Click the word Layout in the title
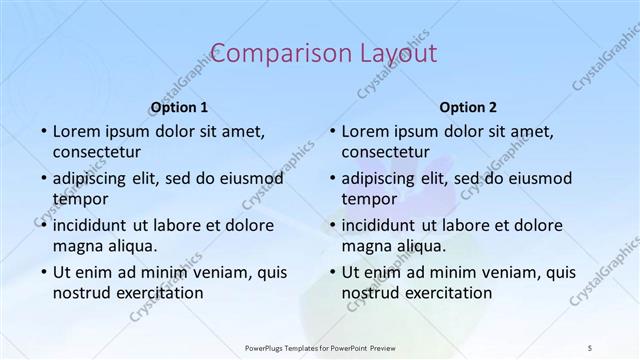coord(390,53)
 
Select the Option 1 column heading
coord(179,107)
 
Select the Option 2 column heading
coord(467,107)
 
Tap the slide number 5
coord(590,347)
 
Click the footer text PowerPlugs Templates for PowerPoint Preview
coord(319,347)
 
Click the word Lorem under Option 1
coord(76,131)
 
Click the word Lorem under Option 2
coord(365,131)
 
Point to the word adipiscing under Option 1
coord(95,178)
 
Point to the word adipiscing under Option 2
coord(384,178)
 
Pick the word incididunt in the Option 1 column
coord(95,225)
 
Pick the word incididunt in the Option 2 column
coord(384,225)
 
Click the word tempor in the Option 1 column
coord(80,199)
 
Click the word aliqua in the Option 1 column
coord(130,246)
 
